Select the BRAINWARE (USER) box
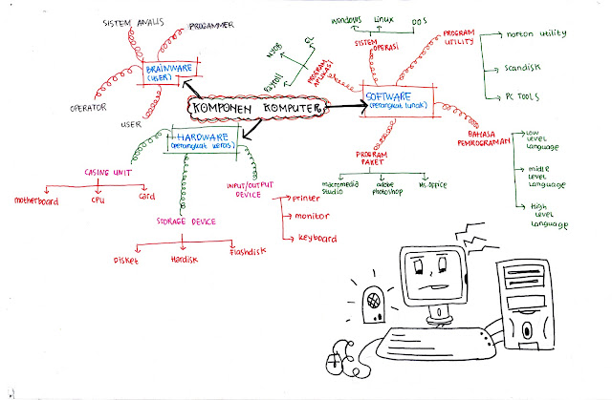pos(170,74)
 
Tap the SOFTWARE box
pos(399,98)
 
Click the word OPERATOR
pos(88,108)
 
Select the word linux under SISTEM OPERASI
pos(386,19)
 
